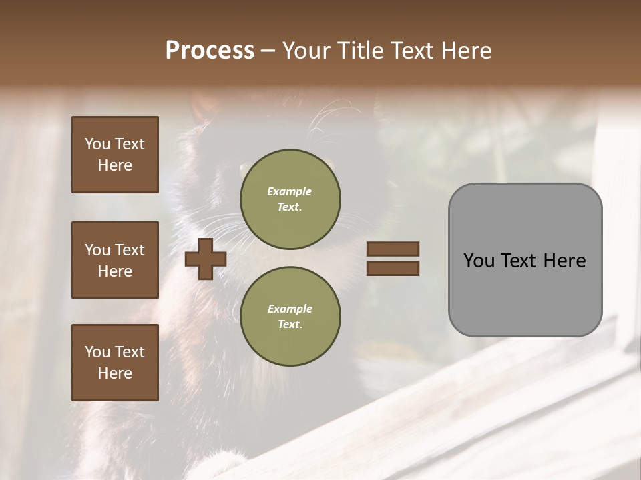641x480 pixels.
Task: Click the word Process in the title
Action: click(x=210, y=51)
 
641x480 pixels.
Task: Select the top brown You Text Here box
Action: click(x=115, y=155)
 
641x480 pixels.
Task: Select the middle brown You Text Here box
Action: click(x=115, y=260)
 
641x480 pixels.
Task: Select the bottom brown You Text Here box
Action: click(x=115, y=362)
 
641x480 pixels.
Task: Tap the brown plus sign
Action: click(x=206, y=259)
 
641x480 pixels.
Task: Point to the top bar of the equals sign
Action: click(x=393, y=249)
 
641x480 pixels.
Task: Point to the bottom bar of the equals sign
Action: click(x=393, y=268)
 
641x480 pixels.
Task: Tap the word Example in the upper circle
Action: click(x=290, y=191)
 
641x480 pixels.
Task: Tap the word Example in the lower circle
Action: click(x=290, y=309)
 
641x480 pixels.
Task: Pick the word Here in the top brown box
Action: click(x=115, y=165)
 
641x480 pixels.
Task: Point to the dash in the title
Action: click(x=268, y=51)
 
